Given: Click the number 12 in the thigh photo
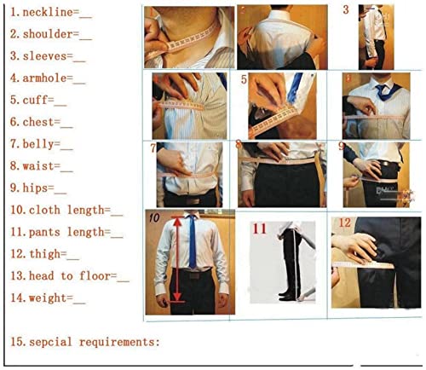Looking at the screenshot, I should (343, 223).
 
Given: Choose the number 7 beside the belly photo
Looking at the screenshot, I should (153, 147).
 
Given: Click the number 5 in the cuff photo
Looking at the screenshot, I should (244, 80).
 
